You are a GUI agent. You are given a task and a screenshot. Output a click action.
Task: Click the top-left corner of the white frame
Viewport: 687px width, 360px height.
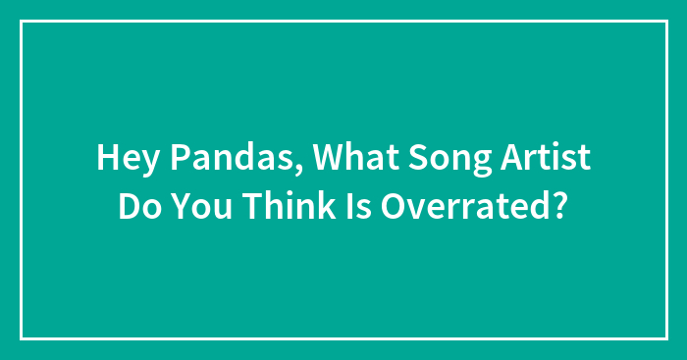[x=22, y=22]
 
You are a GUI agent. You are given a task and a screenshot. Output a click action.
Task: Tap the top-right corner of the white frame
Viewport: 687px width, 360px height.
[x=666, y=22]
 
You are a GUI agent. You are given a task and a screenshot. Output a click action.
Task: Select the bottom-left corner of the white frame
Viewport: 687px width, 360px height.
[x=22, y=338]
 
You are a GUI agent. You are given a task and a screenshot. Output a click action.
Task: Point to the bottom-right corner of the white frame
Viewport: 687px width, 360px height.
[x=666, y=338]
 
